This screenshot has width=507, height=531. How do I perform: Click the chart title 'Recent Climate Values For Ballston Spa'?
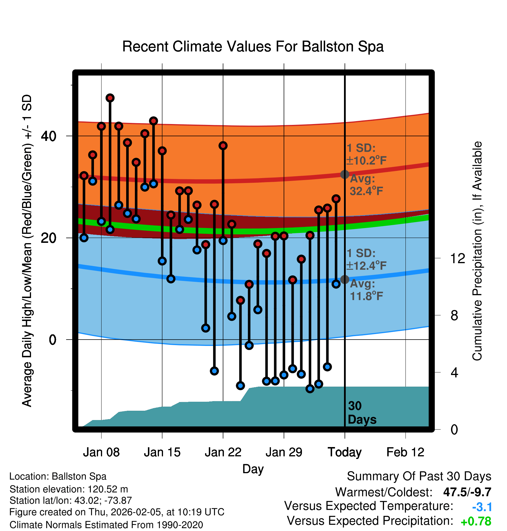coord(253,46)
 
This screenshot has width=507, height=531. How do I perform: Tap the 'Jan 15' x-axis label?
coord(162,452)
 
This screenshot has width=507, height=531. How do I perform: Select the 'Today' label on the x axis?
coord(345,452)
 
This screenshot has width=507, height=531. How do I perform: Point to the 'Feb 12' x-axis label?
coord(405,452)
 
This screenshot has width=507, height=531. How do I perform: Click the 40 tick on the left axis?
coord(48,136)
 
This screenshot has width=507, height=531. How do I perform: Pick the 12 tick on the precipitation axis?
coord(458,258)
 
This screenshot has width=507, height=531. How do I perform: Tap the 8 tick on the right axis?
coord(455,315)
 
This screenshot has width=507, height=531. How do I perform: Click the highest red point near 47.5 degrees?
coord(110,98)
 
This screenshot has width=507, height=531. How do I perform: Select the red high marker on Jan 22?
coord(223,146)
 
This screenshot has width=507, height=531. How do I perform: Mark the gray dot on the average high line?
coord(345,174)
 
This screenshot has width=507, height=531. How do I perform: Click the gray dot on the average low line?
coord(345,279)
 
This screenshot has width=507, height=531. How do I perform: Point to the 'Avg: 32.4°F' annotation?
coord(366,185)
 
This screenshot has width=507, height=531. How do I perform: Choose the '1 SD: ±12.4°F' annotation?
coord(366,259)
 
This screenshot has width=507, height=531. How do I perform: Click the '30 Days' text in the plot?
coord(362,413)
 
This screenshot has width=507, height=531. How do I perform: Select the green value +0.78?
coord(476,521)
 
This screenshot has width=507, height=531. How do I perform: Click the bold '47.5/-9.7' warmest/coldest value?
coord(467,492)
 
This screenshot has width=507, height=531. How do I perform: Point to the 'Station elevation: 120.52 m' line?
coord(69,489)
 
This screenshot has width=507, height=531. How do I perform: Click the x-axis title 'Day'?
coord(253,469)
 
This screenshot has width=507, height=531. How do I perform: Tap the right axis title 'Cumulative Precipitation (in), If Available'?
coord(477,251)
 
